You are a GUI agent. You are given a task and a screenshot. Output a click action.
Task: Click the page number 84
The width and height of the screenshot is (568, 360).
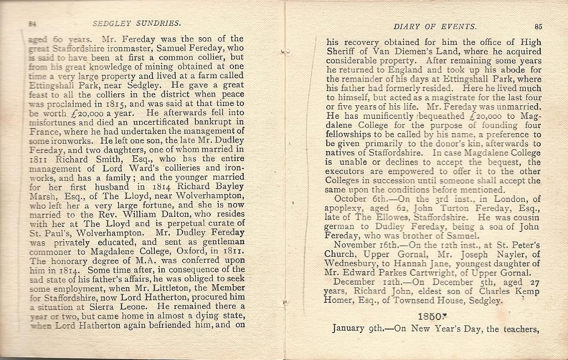point(32,24)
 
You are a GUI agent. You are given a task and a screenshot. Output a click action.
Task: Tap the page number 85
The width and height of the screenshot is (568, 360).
point(539,26)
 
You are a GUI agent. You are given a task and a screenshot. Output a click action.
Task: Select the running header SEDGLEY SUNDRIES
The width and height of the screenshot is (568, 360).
point(136,23)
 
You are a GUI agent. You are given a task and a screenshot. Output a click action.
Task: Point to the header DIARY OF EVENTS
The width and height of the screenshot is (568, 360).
point(434,26)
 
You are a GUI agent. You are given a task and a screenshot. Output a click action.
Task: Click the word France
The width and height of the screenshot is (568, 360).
point(44,131)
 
